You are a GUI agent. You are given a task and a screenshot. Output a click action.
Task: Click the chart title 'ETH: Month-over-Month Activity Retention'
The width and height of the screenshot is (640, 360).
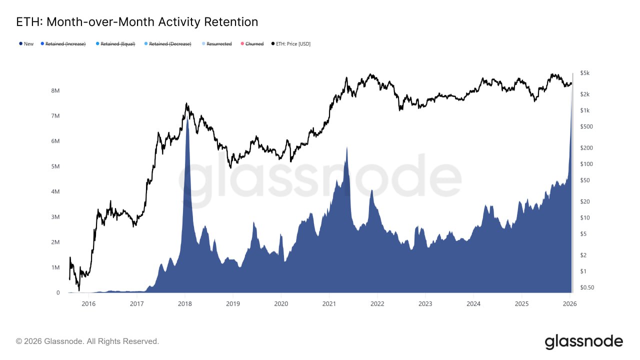coord(137,22)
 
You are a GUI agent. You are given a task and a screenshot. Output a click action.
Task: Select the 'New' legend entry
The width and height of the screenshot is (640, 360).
coord(26,44)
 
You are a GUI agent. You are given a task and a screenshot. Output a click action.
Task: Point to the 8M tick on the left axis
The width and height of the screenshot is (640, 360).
coord(55,90)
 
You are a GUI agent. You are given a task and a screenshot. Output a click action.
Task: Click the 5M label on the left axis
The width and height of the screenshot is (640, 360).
coord(55,166)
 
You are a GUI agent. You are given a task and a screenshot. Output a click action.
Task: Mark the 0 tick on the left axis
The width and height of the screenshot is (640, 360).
coord(58,293)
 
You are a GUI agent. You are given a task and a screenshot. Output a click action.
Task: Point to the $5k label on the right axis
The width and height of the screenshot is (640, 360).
coord(584,73)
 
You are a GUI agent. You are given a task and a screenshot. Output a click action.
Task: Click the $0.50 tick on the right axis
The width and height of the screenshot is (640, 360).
coord(586,287)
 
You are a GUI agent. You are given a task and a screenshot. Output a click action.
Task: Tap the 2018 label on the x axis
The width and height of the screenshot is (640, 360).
coord(184,303)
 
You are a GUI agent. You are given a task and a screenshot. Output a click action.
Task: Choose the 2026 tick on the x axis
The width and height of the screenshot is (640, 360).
coord(570,303)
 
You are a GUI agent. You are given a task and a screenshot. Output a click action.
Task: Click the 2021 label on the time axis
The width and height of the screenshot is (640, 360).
coord(329,303)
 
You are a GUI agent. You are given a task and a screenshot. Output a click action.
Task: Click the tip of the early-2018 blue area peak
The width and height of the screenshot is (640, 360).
coord(187,118)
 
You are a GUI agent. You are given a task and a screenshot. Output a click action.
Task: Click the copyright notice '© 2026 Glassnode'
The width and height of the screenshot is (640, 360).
coord(87,341)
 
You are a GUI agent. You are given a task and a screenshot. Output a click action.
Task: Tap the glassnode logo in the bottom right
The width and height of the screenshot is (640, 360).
coord(583,342)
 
